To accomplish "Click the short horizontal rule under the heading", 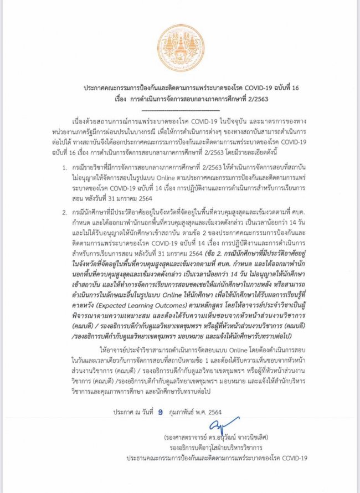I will click(180, 109).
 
